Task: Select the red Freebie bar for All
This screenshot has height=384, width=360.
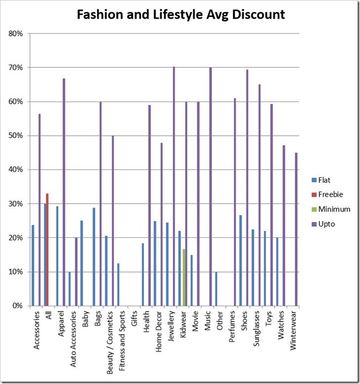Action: click(47, 249)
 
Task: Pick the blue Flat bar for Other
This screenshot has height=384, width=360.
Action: click(216, 288)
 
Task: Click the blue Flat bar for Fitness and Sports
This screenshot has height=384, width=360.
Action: click(118, 284)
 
